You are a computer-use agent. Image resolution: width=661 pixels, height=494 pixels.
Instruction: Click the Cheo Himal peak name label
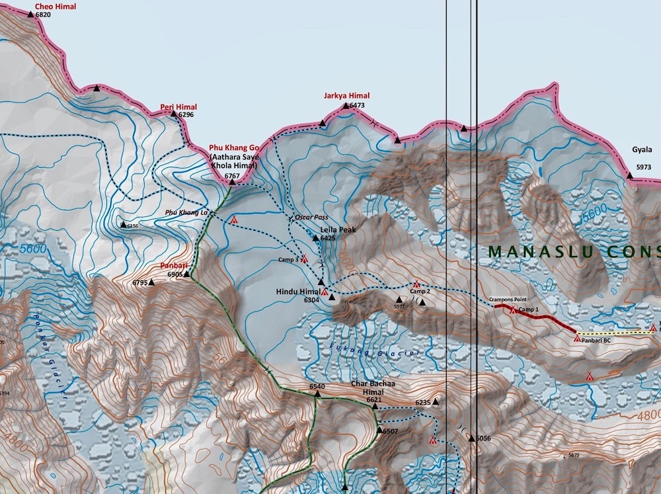55,7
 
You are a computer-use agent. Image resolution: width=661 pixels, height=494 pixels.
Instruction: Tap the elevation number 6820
42,15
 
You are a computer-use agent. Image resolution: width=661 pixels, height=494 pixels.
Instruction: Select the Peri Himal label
178,106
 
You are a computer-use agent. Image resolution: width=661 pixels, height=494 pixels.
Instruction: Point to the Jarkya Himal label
346,96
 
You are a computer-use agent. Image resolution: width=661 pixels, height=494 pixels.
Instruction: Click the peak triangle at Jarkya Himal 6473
344,105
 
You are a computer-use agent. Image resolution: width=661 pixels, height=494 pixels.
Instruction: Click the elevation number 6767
232,176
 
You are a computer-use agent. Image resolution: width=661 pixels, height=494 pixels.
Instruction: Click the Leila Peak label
338,229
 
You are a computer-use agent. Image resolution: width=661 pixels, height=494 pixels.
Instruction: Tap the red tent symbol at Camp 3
305,259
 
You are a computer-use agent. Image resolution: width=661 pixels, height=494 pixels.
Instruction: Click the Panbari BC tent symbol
577,338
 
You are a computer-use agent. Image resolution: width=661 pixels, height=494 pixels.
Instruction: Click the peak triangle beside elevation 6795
151,282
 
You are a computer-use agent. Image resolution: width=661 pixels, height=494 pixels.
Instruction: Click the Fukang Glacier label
373,349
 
